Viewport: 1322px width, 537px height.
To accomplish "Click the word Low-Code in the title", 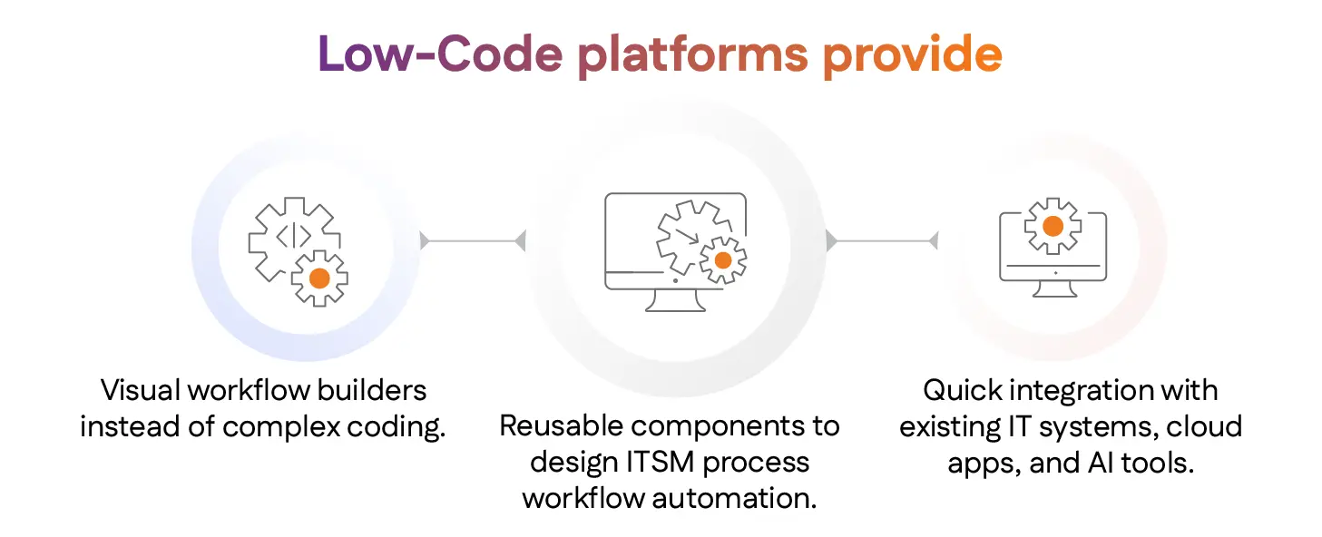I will click(x=440, y=55).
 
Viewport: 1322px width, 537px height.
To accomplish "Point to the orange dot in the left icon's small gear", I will click(x=319, y=278).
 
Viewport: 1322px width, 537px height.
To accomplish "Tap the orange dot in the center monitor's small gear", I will click(x=722, y=260).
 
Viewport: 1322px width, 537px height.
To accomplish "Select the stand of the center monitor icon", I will click(x=675, y=300).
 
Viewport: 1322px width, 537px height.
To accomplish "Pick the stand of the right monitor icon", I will click(x=1054, y=288).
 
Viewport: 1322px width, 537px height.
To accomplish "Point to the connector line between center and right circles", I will click(x=881, y=240).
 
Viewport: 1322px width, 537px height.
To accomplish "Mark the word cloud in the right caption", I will click(x=1204, y=426).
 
